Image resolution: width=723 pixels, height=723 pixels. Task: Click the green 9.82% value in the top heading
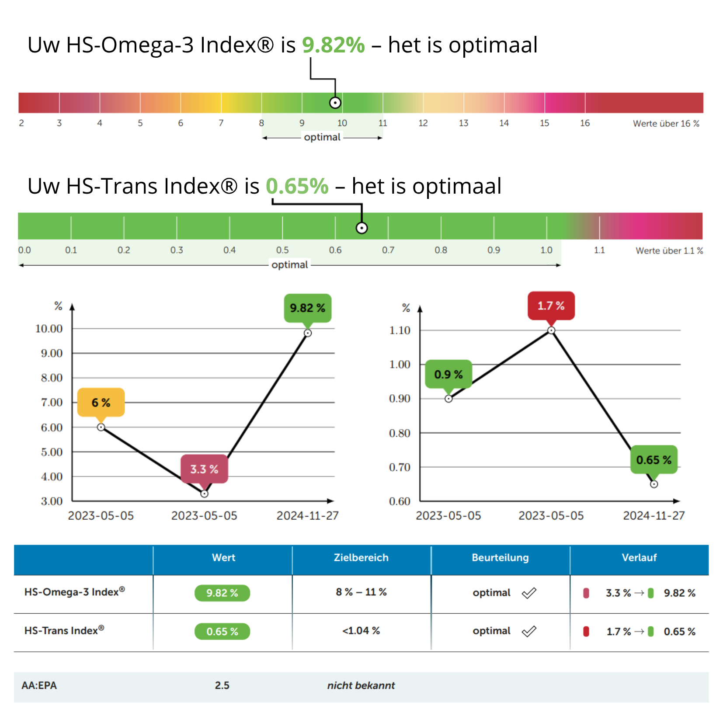[x=333, y=45]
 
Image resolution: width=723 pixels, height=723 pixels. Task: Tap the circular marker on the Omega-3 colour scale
[x=335, y=103]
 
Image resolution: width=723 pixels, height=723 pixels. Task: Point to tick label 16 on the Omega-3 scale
[x=584, y=123]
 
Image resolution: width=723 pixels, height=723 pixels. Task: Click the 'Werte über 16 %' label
[x=666, y=124]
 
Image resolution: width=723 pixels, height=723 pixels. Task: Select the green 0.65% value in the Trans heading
[x=297, y=186]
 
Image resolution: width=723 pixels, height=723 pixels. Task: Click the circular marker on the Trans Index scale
[x=361, y=228]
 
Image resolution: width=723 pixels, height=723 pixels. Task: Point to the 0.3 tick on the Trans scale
[x=177, y=250]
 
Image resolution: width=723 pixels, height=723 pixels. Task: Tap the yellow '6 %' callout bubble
[x=101, y=402]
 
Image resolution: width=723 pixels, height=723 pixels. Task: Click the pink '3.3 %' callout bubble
[x=204, y=469]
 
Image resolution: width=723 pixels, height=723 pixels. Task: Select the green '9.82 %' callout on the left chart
[x=307, y=308]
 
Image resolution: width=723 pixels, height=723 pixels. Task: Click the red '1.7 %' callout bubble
[x=551, y=306]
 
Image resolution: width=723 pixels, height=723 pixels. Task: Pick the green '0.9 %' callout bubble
[x=448, y=374]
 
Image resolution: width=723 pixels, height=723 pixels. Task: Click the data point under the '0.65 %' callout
[x=654, y=484]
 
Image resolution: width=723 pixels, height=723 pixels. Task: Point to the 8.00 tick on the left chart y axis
[x=52, y=378]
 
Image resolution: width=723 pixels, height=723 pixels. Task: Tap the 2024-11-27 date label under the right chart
[x=653, y=516]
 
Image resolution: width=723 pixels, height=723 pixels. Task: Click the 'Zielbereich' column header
[x=361, y=558]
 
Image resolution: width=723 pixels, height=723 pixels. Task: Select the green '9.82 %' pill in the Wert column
[x=222, y=593]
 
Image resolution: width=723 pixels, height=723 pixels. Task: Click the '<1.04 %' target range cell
[x=361, y=631]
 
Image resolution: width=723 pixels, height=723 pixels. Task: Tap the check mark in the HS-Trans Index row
[x=529, y=631]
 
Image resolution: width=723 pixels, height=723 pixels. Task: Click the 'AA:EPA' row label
[x=39, y=685]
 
